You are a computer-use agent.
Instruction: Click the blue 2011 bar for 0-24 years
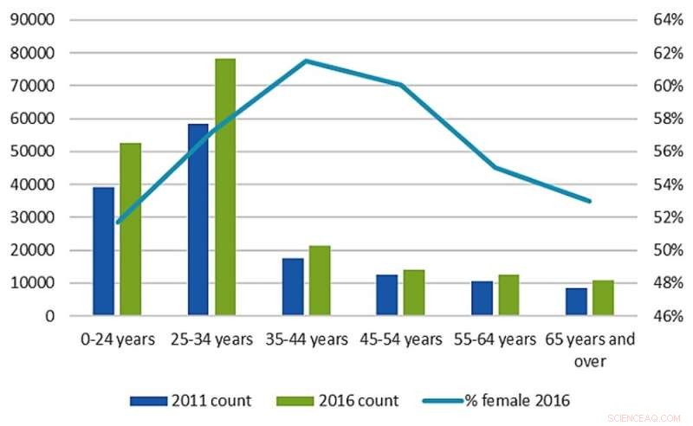click(104, 251)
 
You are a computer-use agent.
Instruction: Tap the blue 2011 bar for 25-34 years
click(198, 220)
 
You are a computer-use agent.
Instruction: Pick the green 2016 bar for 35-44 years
click(320, 281)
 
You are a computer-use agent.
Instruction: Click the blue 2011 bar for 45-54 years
click(386, 295)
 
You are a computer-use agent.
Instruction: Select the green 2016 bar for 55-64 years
click(508, 295)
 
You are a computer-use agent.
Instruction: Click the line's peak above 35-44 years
click(306, 61)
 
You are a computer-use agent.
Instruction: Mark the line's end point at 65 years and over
click(590, 201)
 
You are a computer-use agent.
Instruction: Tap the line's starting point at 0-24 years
click(117, 222)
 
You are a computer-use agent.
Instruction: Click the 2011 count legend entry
click(191, 400)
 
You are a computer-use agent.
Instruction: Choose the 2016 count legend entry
click(338, 400)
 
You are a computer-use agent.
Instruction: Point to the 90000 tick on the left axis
click(32, 20)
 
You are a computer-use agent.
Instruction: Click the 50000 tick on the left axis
click(32, 152)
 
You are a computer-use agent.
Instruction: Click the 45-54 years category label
click(399, 339)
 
